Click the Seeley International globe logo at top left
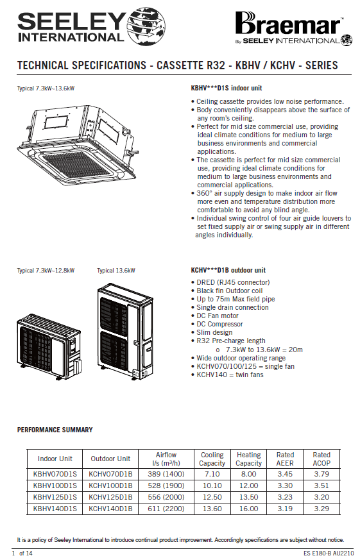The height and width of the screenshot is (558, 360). point(146,27)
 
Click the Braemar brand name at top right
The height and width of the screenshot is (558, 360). point(287,24)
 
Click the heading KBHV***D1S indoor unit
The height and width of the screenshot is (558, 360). point(227,88)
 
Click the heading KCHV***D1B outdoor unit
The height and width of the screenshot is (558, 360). point(228,270)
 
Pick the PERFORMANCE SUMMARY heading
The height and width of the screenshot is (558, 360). point(55,430)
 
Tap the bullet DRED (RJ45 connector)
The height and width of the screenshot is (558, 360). point(233,282)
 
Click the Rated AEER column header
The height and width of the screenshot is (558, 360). point(285,459)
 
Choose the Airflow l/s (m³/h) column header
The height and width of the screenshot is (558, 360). point(166,459)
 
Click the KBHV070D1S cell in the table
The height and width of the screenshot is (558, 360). point(55,474)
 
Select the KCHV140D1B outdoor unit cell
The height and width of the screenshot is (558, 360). point(110,509)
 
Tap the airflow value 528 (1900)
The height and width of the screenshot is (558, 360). point(166,486)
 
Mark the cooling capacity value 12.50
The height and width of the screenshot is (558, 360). point(212,497)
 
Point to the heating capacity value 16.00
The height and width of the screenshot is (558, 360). point(248,509)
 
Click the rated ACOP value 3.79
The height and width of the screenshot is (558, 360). point(321,474)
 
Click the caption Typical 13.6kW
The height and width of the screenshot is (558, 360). point(116,271)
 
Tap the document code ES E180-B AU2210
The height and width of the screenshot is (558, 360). point(329,554)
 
